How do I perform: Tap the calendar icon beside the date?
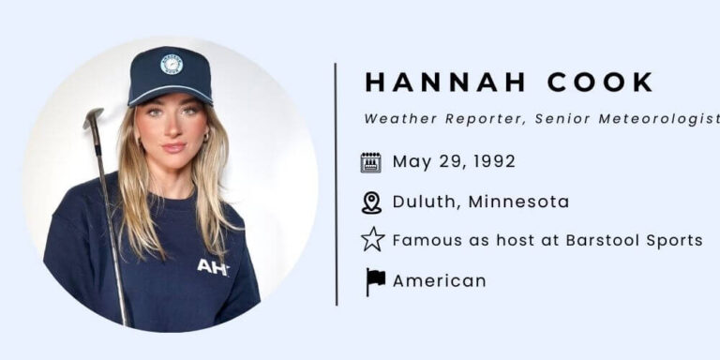(x=371, y=161)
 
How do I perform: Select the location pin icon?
(x=371, y=202)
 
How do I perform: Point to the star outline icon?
(x=372, y=240)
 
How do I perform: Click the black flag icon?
(x=374, y=280)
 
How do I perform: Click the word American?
(x=439, y=280)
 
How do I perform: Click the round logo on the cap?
(x=172, y=63)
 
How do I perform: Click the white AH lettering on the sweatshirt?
(x=213, y=267)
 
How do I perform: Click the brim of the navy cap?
(x=172, y=95)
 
